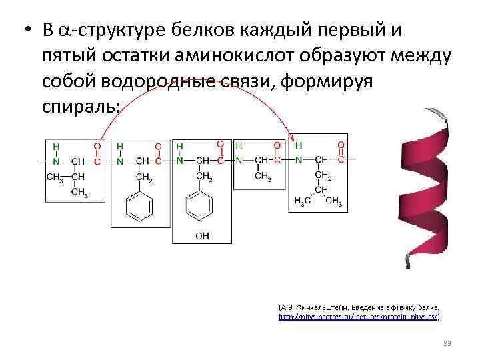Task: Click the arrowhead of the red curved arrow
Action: point(291,137)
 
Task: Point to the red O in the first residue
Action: point(97,145)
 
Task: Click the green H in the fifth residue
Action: point(299,145)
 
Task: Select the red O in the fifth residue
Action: point(341,145)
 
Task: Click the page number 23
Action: point(447,343)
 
